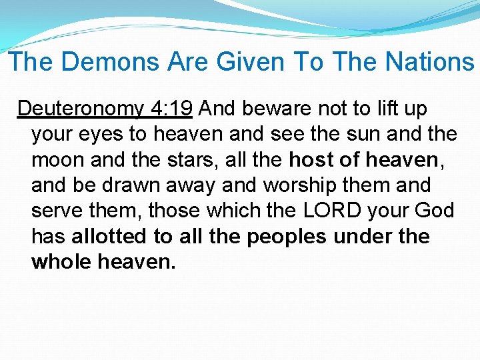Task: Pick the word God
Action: pos(434,211)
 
